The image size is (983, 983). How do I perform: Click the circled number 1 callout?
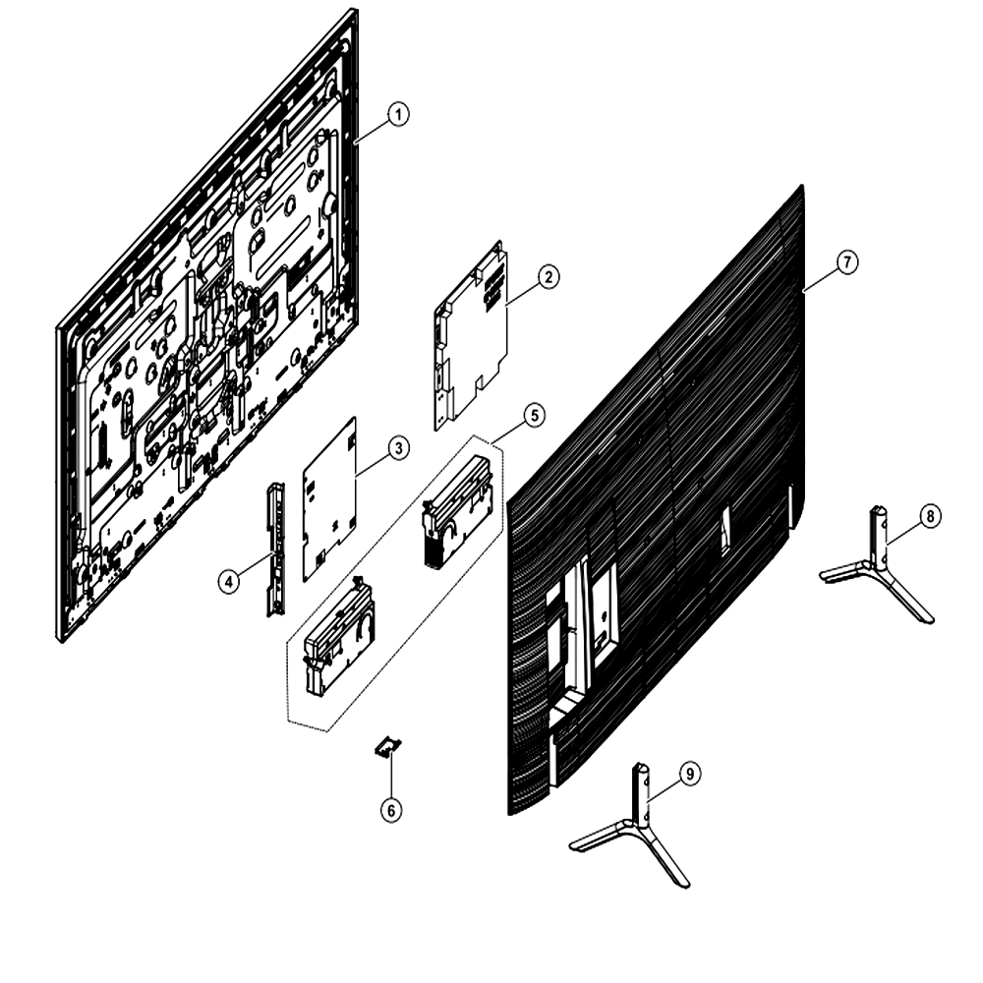tap(398, 115)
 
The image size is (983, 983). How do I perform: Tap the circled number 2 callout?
tap(549, 276)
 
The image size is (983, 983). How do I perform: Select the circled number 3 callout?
tap(398, 448)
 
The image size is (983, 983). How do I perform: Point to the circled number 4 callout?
tap(229, 582)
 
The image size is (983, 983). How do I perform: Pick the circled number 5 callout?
tap(534, 415)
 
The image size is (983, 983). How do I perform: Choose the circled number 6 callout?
tap(391, 811)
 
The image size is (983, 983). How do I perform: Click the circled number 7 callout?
tap(847, 261)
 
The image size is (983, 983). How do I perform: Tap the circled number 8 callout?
tap(930, 516)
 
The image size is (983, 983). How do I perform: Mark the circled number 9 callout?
tap(690, 775)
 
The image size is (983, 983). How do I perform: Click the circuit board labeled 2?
tap(470, 335)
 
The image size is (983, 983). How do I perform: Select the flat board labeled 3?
tap(329, 499)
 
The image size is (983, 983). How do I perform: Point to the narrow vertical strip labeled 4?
tap(276, 549)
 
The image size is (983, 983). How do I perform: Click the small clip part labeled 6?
tap(388, 747)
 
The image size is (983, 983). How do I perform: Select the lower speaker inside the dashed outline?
tap(338, 636)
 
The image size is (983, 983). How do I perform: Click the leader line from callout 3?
tap(372, 464)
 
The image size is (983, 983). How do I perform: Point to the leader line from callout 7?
tap(820, 279)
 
